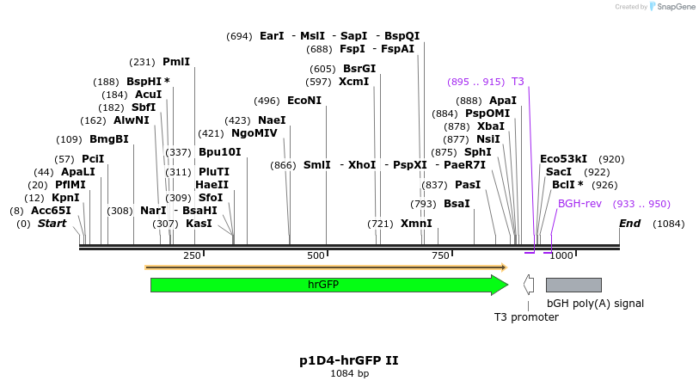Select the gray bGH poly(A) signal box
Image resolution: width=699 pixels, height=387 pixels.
573,285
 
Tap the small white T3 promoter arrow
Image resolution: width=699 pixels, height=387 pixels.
529,285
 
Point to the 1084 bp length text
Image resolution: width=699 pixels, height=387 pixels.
350,374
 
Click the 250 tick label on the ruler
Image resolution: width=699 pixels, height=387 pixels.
192,255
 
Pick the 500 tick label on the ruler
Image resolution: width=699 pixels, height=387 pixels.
316,255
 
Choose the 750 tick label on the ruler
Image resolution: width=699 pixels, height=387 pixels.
441,255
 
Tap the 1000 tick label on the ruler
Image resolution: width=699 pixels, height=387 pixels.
561,255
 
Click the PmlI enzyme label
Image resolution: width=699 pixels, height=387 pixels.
176,62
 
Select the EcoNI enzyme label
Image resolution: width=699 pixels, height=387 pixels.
304,101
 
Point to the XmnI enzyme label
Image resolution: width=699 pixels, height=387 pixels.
416,224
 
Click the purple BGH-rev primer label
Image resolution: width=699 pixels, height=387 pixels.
579,204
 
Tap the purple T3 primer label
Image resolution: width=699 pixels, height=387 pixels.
518,82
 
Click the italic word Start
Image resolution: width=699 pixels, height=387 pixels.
52,224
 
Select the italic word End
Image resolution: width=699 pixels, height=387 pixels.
630,224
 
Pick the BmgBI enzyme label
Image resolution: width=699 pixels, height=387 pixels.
108,139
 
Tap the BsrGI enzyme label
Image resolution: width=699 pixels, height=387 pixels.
359,69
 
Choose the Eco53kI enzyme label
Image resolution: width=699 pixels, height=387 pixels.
563,159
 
